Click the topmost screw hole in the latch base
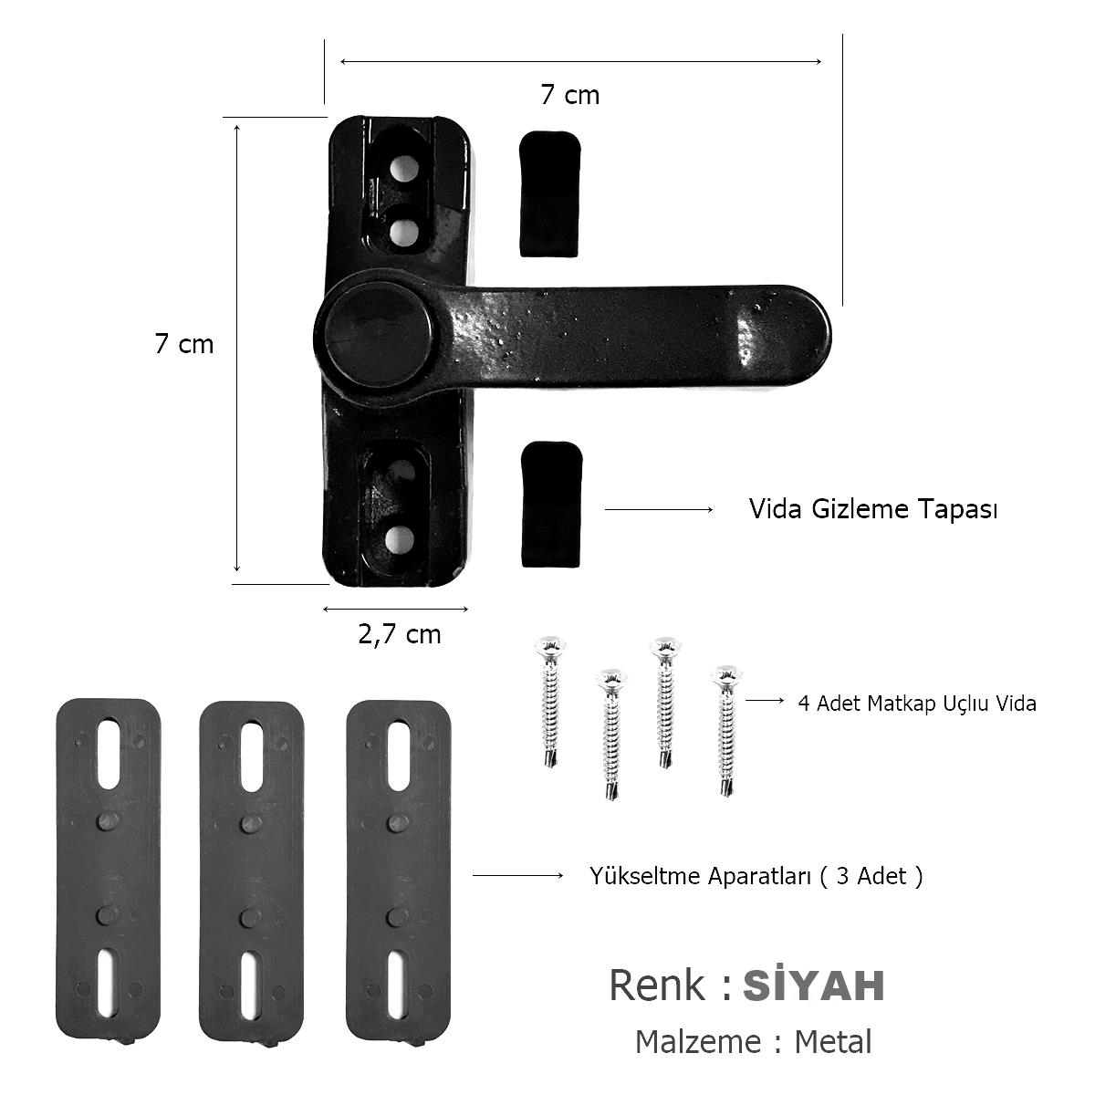click(404, 170)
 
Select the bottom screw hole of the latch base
click(400, 539)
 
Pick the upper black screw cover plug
click(550, 193)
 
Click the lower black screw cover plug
click(552, 505)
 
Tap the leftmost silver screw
click(550, 702)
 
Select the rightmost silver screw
click(726, 731)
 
